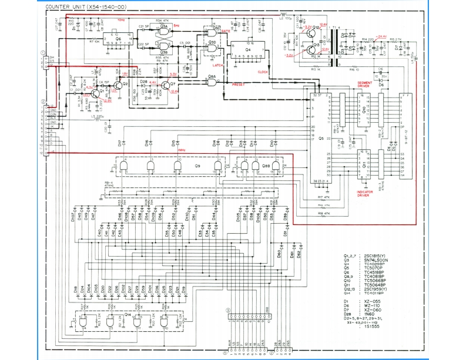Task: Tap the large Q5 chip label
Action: pyautogui.click(x=321, y=139)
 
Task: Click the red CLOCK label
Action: pyautogui.click(x=264, y=72)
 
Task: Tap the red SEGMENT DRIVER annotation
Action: pyautogui.click(x=364, y=85)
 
